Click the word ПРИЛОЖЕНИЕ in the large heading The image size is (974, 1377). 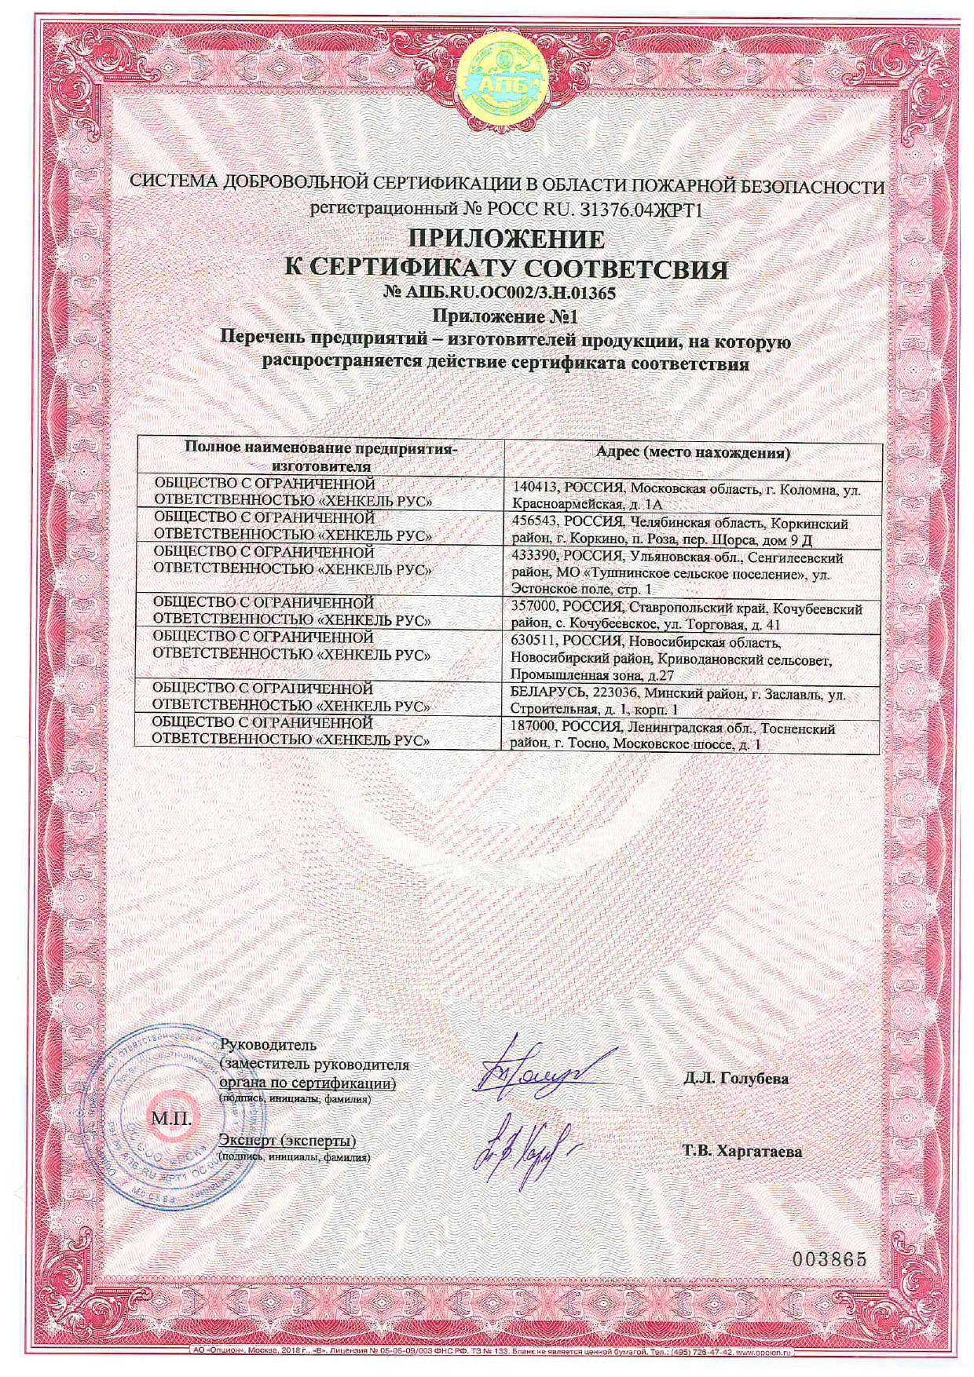click(x=506, y=239)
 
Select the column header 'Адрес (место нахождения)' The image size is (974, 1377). click(x=693, y=453)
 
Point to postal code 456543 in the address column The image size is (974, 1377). click(x=533, y=523)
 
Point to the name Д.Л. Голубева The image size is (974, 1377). click(x=735, y=1079)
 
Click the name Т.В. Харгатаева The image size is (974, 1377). click(x=741, y=1152)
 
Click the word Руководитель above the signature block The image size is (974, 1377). click(x=268, y=1045)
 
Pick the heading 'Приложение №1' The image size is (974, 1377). click(x=506, y=317)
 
